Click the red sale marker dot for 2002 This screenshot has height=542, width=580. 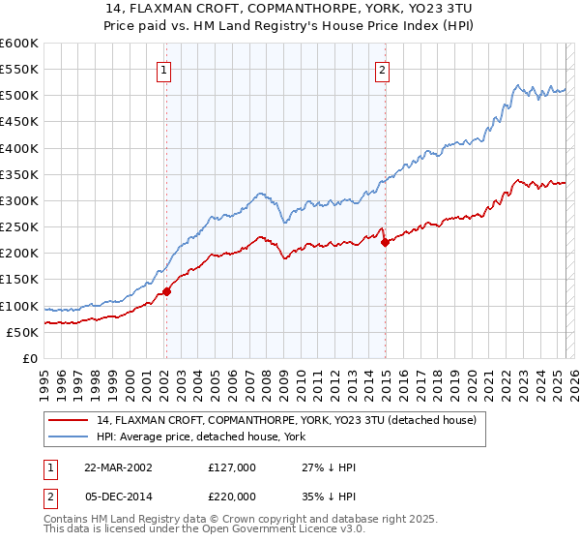[166, 290]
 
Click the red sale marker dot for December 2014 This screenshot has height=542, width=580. [385, 242]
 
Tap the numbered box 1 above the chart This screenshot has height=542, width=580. [165, 69]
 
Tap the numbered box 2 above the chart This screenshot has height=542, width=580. [383, 69]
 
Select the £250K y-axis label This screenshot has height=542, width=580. [19, 227]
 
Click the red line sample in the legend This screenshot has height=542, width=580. [69, 421]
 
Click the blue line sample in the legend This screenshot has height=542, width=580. [69, 437]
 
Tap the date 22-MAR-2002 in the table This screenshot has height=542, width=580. [118, 467]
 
